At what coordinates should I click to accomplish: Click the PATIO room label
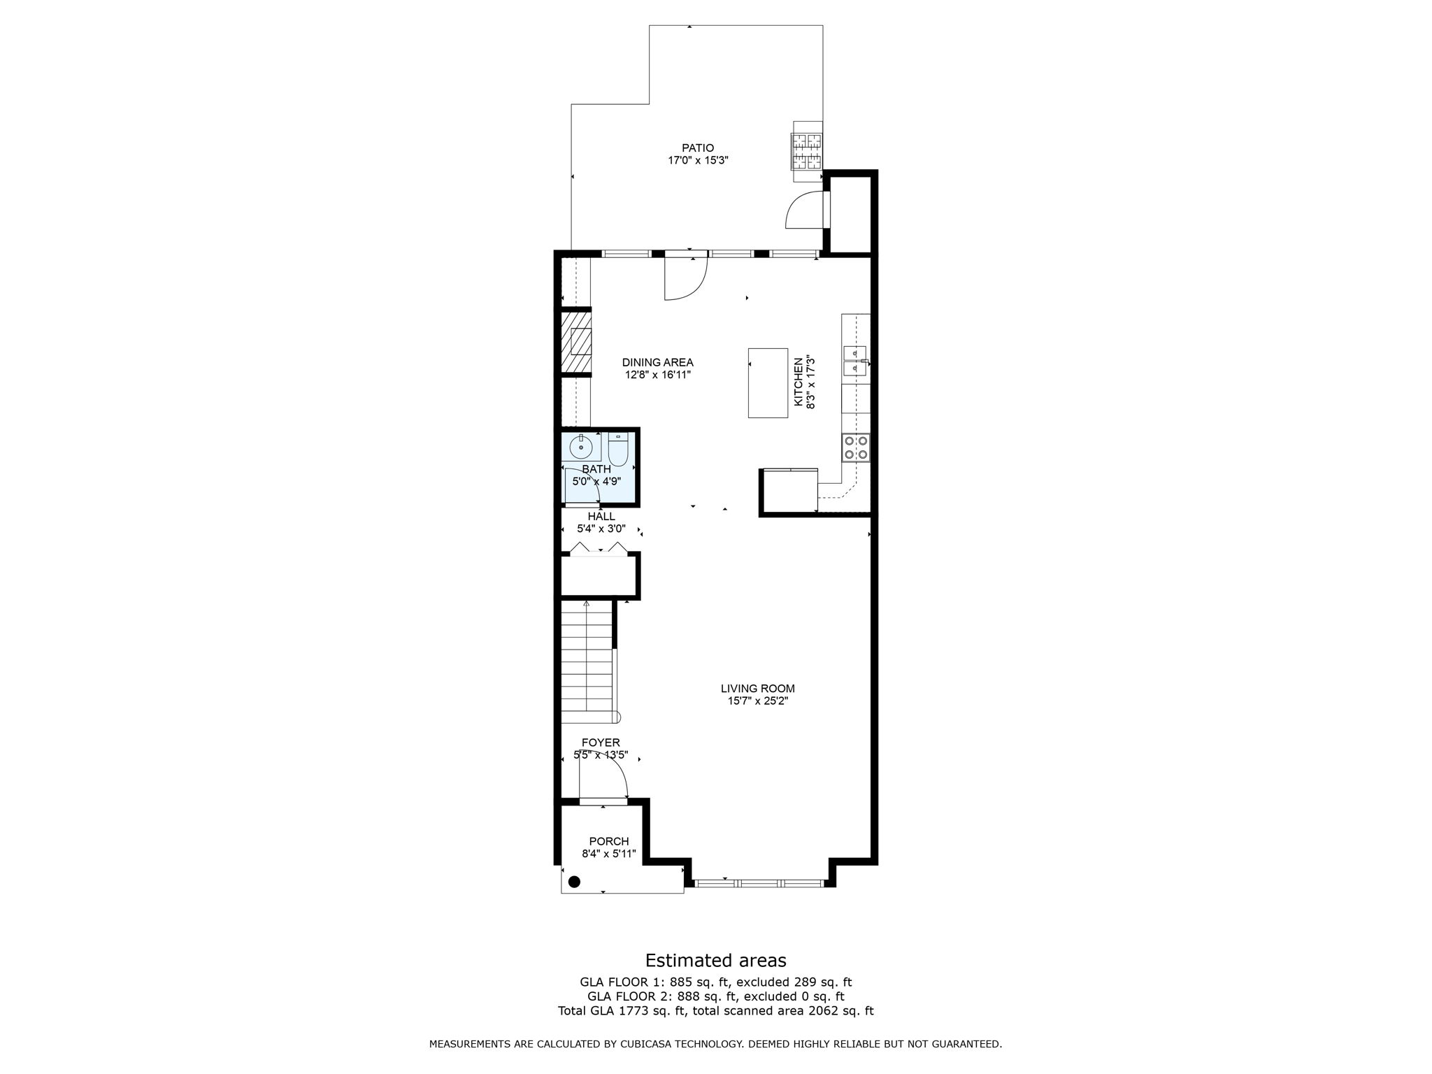(698, 148)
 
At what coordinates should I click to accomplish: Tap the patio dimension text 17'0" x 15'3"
(698, 161)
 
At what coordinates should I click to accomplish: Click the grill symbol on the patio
(806, 152)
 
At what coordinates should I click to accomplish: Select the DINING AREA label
(657, 362)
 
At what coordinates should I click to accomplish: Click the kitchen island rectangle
(767, 382)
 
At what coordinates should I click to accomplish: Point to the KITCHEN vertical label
(798, 382)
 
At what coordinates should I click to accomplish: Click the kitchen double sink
(854, 360)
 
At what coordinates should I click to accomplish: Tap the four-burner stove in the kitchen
(856, 447)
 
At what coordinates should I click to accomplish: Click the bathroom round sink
(581, 445)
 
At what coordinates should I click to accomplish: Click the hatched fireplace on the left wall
(576, 343)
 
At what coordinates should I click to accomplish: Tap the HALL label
(601, 517)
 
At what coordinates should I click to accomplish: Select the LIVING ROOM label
(757, 688)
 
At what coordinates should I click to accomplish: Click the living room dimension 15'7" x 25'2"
(757, 701)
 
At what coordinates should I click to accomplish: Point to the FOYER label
(601, 743)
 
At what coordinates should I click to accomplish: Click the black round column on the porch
(574, 882)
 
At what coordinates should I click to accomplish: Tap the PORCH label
(608, 841)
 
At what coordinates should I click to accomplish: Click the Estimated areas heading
(715, 960)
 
